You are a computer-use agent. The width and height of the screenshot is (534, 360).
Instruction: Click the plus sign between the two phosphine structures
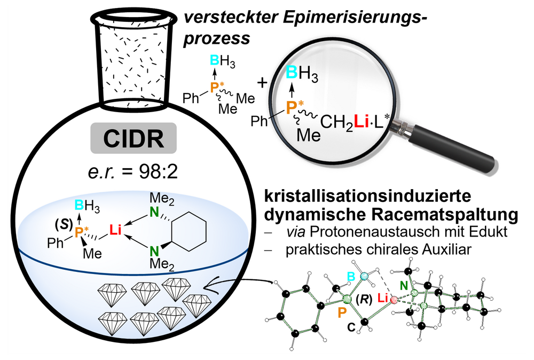click(x=262, y=83)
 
